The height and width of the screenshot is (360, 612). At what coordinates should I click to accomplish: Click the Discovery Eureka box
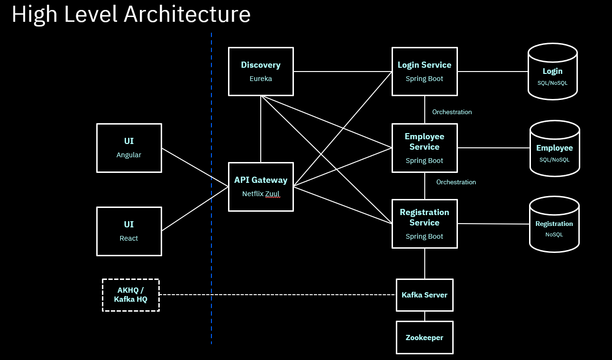(261, 72)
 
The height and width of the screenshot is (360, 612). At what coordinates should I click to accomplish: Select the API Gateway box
(261, 187)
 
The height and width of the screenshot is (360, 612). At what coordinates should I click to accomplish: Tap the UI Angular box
(129, 148)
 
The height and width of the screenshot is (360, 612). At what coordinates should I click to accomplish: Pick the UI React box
(129, 231)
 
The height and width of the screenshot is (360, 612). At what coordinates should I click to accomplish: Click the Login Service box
(424, 72)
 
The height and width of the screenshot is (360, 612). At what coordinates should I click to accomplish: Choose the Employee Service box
(424, 148)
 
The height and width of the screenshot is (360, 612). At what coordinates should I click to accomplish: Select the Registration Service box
(424, 224)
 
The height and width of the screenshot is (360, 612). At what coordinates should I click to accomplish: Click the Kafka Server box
(424, 295)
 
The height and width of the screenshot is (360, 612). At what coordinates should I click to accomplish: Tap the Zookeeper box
(424, 338)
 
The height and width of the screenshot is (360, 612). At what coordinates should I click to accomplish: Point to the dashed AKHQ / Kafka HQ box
(131, 295)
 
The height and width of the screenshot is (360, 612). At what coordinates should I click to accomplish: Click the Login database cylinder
(552, 72)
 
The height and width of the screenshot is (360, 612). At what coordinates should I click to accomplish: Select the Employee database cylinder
(554, 149)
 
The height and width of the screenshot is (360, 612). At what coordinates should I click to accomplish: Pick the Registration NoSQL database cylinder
(554, 225)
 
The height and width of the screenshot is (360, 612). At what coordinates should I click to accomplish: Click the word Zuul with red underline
(273, 194)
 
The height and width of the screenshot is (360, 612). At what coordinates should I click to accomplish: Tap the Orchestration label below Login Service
(452, 112)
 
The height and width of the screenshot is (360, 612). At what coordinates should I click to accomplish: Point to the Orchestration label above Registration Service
(456, 182)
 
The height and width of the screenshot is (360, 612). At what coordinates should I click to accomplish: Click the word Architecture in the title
(187, 15)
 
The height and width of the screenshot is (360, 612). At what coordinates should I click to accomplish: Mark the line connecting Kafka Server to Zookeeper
(424, 316)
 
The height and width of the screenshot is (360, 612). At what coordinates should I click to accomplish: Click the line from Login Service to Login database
(493, 72)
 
